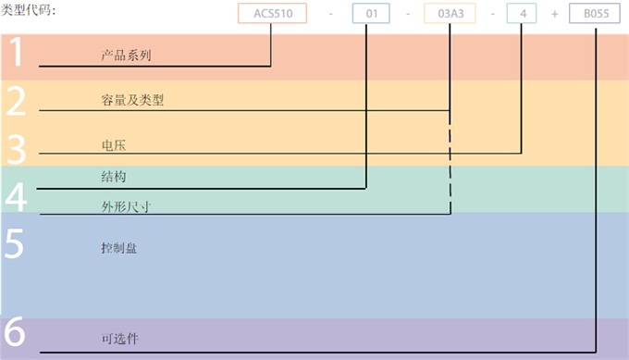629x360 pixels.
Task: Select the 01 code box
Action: (x=369, y=14)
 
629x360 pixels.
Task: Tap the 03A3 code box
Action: (x=450, y=14)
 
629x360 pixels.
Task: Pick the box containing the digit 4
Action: (x=522, y=14)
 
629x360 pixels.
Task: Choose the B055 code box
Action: (x=596, y=14)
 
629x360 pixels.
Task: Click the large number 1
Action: (x=15, y=56)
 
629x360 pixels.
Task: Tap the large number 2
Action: (x=15, y=101)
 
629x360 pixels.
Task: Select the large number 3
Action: (x=15, y=146)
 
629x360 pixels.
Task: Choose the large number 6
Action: (x=15, y=334)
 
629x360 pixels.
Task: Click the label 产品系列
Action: (x=126, y=56)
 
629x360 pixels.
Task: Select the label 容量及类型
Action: (x=132, y=100)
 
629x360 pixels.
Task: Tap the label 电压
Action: (x=113, y=146)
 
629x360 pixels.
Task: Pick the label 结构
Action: (x=113, y=176)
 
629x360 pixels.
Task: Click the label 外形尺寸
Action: (x=126, y=206)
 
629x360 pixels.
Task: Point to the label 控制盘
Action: (x=119, y=248)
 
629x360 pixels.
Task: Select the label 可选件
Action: (x=119, y=339)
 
